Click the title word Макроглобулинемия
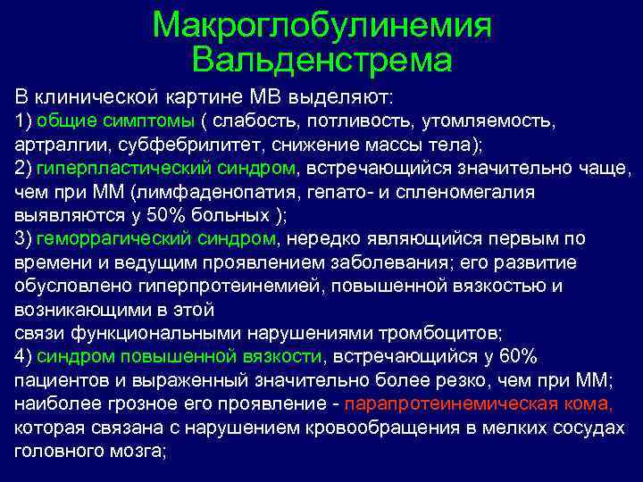[321, 26]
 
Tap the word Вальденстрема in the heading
[321, 61]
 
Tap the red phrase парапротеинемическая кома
[479, 403]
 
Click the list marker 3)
[24, 239]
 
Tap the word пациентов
[60, 380]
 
